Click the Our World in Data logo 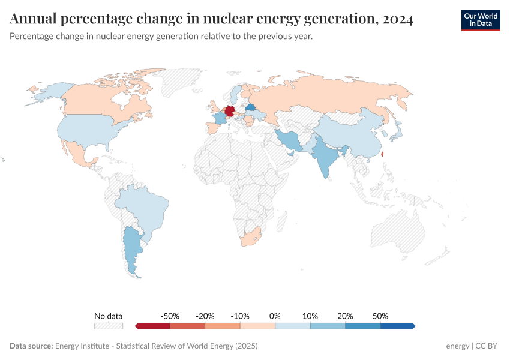(x=480, y=20)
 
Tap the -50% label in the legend (x=170, y=316)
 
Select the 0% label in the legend (x=275, y=316)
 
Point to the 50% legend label (x=380, y=316)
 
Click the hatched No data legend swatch (x=108, y=326)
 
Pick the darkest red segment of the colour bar (x=154, y=326)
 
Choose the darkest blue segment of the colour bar (x=397, y=326)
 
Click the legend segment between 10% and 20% (x=328, y=326)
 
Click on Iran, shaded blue (x=290, y=140)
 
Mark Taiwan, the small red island (x=383, y=154)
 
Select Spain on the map (x=213, y=128)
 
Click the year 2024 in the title (x=396, y=20)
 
